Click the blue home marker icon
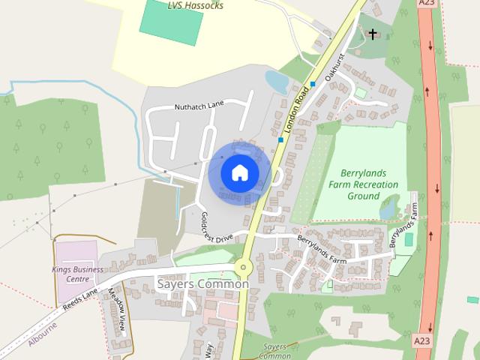coord(239,172)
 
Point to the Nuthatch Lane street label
coord(199,106)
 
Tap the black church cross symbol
coord(373,34)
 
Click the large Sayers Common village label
coord(203,284)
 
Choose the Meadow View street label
coord(118,312)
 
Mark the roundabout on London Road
coord(243,268)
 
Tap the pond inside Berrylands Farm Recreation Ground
coord(388,209)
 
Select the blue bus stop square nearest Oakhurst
coord(313,83)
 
